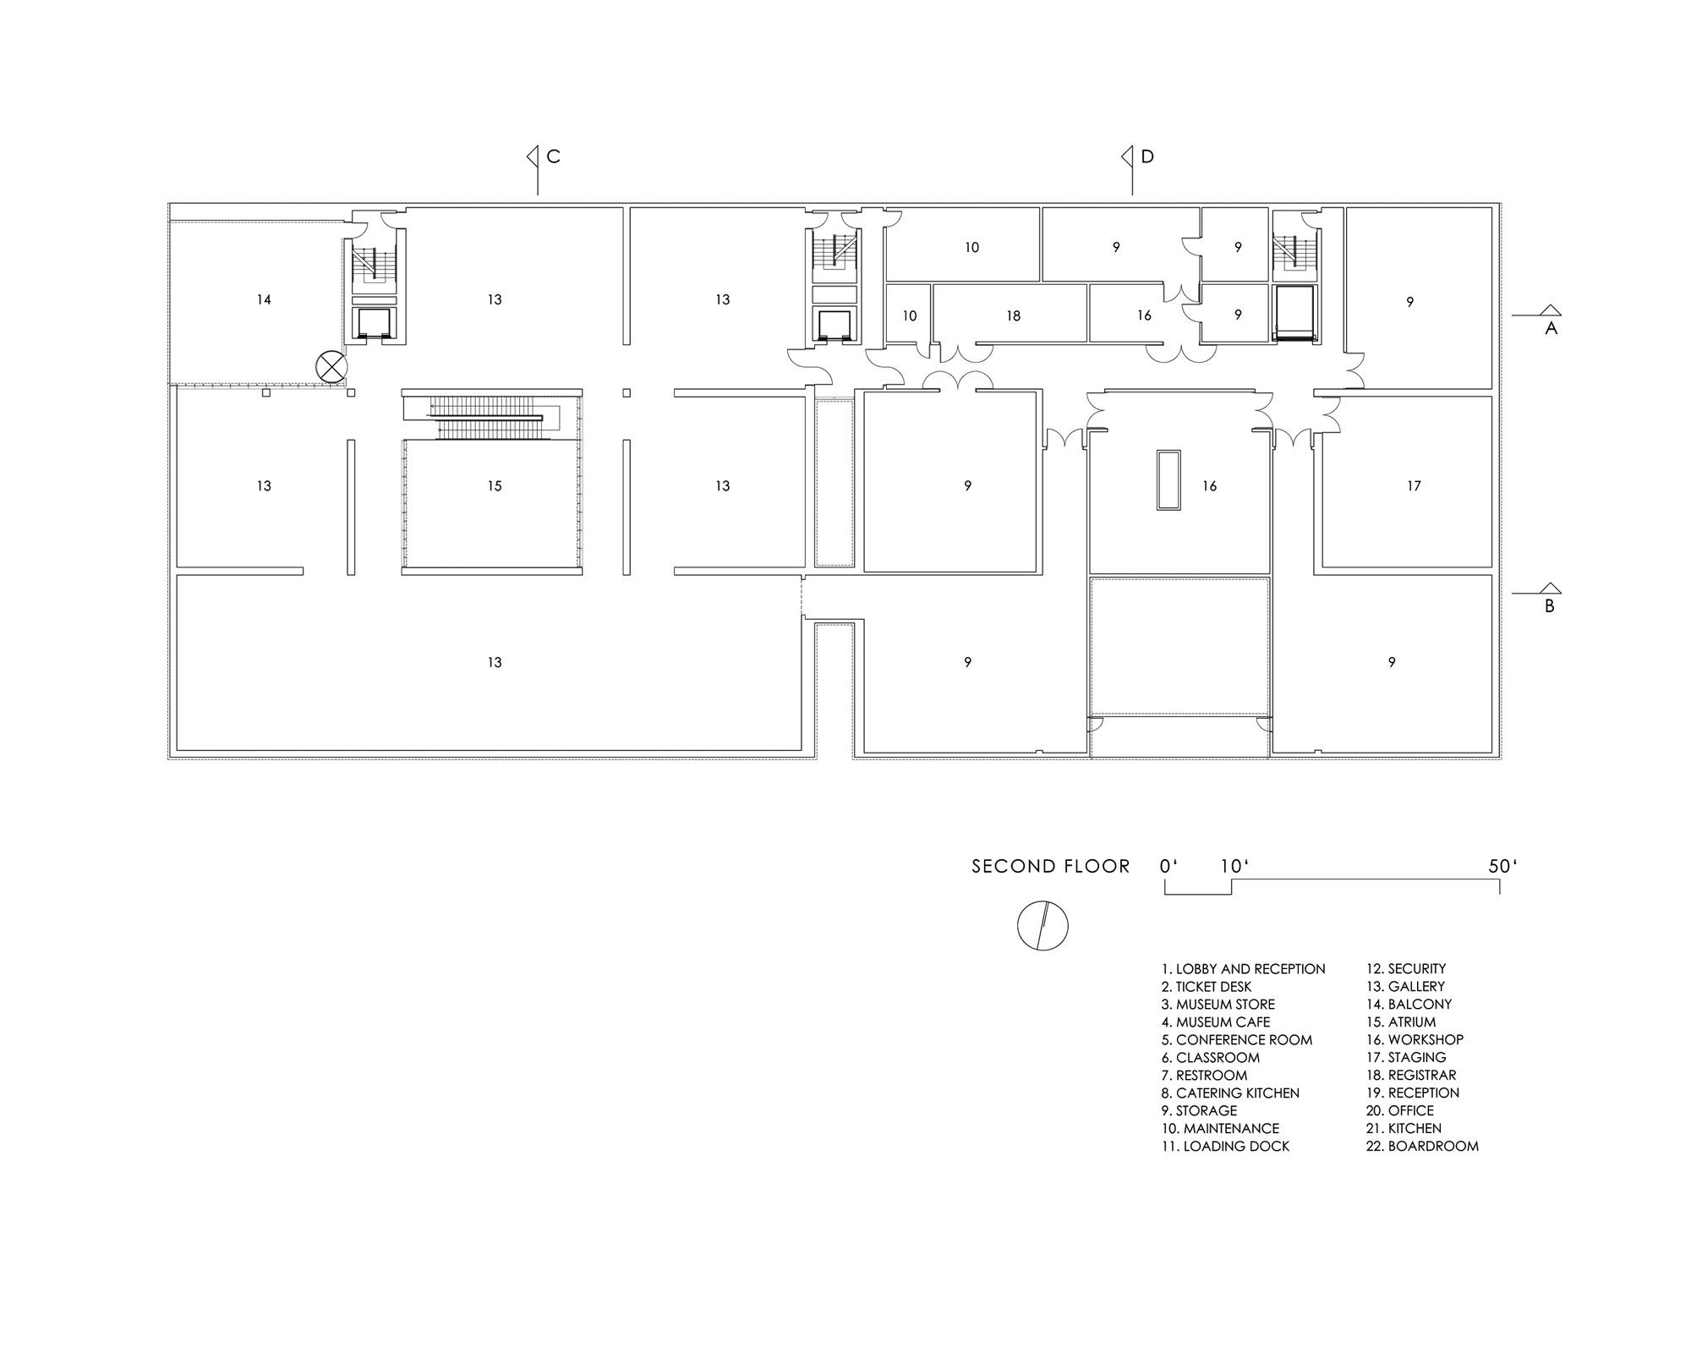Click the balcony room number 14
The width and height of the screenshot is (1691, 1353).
pos(264,299)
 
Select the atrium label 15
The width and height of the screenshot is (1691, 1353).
pos(495,486)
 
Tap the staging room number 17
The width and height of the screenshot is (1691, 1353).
pos(1414,486)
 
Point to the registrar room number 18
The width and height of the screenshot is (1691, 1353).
pos(1013,316)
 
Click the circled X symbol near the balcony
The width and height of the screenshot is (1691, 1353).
pos(331,366)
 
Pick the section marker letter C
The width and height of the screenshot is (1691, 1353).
pos(554,156)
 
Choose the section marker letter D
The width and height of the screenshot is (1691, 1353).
pos(1147,156)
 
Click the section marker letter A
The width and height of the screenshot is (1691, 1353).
pos(1551,329)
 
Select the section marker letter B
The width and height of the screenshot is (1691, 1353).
pos(1550,606)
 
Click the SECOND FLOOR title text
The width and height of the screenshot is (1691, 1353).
pos(1051,867)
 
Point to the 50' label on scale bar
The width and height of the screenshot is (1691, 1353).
pos(1502,866)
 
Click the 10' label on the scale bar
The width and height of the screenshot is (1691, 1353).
pos(1234,866)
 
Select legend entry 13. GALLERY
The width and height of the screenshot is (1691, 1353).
pos(1405,986)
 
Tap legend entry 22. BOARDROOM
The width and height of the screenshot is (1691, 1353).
pos(1422,1146)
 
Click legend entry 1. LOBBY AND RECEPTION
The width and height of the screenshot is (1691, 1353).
pos(1244,968)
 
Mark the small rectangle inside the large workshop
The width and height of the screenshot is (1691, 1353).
pos(1168,479)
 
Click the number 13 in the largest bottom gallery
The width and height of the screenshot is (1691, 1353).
pos(495,662)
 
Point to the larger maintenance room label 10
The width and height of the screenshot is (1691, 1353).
pos(971,248)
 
